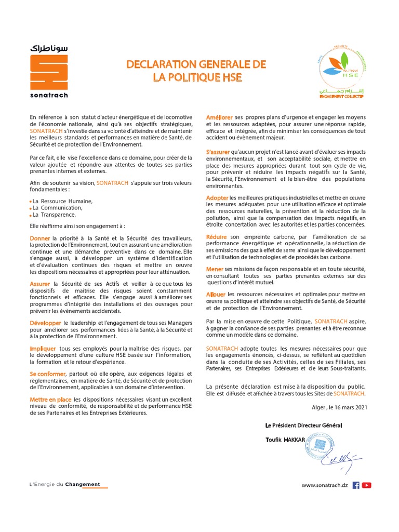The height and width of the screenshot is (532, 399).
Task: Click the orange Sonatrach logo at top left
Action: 49,72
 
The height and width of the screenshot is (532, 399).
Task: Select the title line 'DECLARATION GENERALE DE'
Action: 196,64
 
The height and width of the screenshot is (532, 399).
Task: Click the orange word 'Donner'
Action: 40,238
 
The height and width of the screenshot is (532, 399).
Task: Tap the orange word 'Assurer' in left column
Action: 40,284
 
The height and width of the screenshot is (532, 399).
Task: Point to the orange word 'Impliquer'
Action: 43,349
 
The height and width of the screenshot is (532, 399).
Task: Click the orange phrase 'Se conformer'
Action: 48,374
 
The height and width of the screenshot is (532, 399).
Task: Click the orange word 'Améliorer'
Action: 219,117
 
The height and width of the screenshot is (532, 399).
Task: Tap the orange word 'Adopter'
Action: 217,198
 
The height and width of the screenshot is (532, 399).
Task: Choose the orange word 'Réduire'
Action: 217,237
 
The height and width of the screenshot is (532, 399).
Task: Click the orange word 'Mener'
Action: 215,269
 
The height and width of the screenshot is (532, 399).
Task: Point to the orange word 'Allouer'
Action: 216,294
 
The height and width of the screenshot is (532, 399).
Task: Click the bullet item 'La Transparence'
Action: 54,215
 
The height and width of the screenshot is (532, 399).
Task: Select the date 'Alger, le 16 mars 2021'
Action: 339,407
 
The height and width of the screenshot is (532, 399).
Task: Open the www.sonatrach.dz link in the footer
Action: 325,485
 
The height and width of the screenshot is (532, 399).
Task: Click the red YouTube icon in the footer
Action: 367,485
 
